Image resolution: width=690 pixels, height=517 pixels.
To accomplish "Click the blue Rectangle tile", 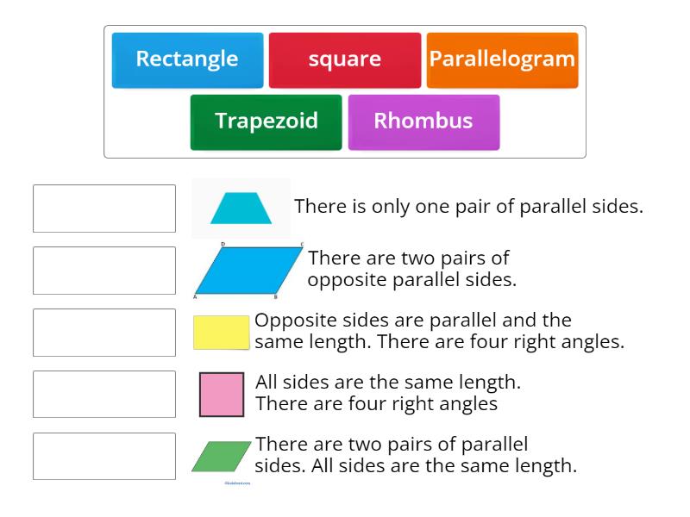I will pos(187,60).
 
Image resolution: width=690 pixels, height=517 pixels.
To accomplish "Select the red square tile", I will pos(345,60).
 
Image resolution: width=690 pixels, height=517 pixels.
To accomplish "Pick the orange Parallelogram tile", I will pos(502,60).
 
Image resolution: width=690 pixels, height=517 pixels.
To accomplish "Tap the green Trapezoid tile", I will pos(266,121).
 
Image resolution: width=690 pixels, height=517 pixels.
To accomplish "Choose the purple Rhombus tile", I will pos(423,121).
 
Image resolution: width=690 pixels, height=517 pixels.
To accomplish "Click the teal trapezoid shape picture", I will pos(241,209).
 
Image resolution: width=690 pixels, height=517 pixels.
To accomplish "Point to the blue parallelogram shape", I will pos(248,271).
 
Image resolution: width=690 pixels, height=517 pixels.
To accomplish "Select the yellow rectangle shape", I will pos(221,333).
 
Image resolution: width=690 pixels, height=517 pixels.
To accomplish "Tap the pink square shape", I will pos(222,395).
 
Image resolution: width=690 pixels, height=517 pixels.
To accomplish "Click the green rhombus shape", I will pos(222,457).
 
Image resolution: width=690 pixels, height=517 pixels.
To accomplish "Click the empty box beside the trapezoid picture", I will pos(104,209).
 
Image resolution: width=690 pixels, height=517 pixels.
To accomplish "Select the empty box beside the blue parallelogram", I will pos(104,271).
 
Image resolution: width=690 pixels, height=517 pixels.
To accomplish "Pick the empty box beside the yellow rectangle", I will pos(104,333).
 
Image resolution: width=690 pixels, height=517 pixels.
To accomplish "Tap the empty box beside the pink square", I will pos(104,395).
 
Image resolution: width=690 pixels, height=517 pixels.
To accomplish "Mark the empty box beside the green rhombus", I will pos(104,457).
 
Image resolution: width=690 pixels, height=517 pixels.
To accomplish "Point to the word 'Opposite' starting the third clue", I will pos(290,321).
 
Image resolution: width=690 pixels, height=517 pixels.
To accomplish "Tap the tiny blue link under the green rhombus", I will pos(237,483).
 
